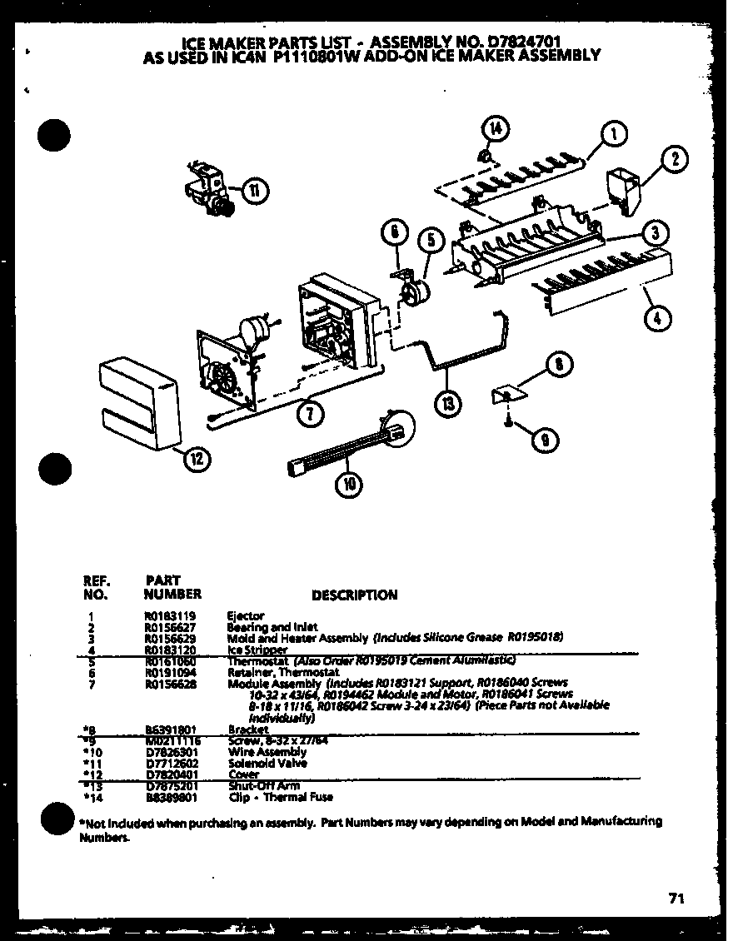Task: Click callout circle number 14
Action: click(x=495, y=129)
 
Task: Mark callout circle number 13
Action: click(x=449, y=402)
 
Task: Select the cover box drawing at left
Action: click(x=139, y=401)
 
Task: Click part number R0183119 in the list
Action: click(x=167, y=616)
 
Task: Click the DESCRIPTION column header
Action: click(x=354, y=595)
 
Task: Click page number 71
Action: click(x=676, y=898)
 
